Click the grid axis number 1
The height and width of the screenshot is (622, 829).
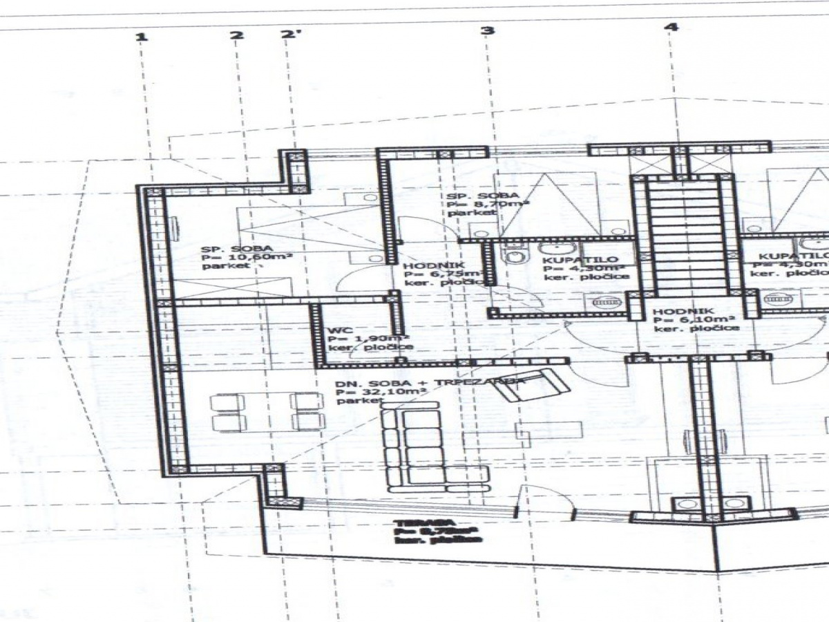click(x=141, y=36)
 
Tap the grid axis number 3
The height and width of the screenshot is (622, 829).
click(x=488, y=30)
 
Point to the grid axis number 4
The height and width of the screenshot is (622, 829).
click(x=671, y=27)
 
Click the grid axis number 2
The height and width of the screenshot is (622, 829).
click(x=237, y=36)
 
